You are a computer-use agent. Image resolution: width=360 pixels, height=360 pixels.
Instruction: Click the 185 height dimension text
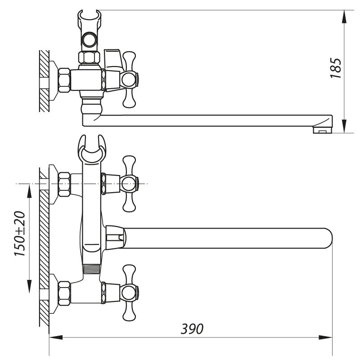[336, 68]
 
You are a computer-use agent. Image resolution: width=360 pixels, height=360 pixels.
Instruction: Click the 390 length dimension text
[192, 329]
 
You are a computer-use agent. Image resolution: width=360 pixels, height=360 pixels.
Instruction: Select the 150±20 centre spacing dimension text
[19, 234]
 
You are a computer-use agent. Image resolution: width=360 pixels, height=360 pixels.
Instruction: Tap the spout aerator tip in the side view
[323, 130]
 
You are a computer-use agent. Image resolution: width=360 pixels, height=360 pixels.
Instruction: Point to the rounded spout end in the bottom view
[329, 238]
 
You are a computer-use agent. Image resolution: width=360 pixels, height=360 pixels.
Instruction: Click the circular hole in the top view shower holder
[89, 39]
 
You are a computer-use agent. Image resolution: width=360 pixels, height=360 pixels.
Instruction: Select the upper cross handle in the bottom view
[129, 184]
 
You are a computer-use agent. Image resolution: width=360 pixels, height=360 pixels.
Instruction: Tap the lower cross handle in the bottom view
[129, 292]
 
